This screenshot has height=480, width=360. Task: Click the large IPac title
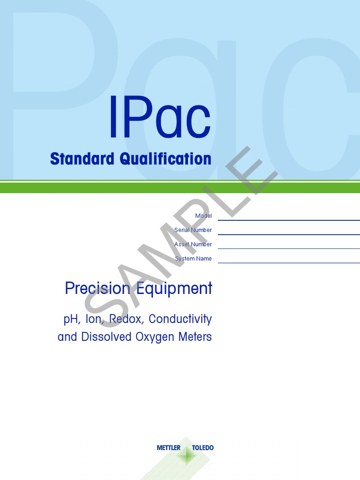click(x=159, y=118)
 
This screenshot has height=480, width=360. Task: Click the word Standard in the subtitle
click(x=82, y=159)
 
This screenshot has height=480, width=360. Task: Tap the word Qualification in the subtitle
click(x=165, y=159)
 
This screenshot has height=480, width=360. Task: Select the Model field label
click(x=203, y=216)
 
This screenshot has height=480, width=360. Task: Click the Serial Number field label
click(x=193, y=230)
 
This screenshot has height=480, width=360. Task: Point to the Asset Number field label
click(x=193, y=244)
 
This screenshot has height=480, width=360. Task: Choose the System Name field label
click(x=193, y=259)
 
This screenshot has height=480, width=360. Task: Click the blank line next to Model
click(x=288, y=219)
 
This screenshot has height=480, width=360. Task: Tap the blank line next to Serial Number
click(x=288, y=234)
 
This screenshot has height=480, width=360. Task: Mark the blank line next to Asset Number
click(x=288, y=248)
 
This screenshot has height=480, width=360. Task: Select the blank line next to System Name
click(x=288, y=262)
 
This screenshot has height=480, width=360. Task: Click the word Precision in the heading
click(x=97, y=288)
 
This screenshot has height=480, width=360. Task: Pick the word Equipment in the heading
click(x=173, y=289)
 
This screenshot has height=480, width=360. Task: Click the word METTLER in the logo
click(x=168, y=448)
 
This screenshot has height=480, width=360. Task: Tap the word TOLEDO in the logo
click(x=202, y=448)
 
